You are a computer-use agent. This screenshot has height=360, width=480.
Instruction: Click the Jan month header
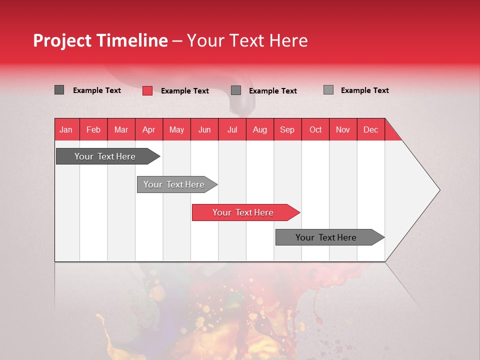point(66,129)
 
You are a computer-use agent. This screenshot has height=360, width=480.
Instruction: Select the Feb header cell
point(93,129)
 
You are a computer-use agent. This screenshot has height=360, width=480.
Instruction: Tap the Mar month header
point(121,129)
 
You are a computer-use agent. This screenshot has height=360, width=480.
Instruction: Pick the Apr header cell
point(149,129)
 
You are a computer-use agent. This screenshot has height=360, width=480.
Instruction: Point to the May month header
point(176,129)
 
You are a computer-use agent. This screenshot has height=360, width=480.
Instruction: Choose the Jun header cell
point(204,129)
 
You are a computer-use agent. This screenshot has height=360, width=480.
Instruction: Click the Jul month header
point(232,129)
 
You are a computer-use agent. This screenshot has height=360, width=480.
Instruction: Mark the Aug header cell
point(260,129)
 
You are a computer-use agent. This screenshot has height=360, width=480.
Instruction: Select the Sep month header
point(287,129)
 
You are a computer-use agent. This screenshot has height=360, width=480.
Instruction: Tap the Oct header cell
point(315,129)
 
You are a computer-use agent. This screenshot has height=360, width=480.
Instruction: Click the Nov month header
point(343,129)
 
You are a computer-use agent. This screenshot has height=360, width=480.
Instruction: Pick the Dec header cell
point(371,129)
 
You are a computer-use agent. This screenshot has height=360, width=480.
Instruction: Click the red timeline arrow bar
point(243,212)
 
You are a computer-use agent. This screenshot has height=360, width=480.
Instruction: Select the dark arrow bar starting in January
point(105,156)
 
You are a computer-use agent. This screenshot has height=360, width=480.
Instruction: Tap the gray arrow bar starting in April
point(174,184)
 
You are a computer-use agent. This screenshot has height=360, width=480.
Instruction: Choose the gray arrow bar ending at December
point(326,237)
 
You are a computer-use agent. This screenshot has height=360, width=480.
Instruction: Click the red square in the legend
point(147,90)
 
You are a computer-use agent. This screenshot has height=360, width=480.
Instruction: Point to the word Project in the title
point(63,40)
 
